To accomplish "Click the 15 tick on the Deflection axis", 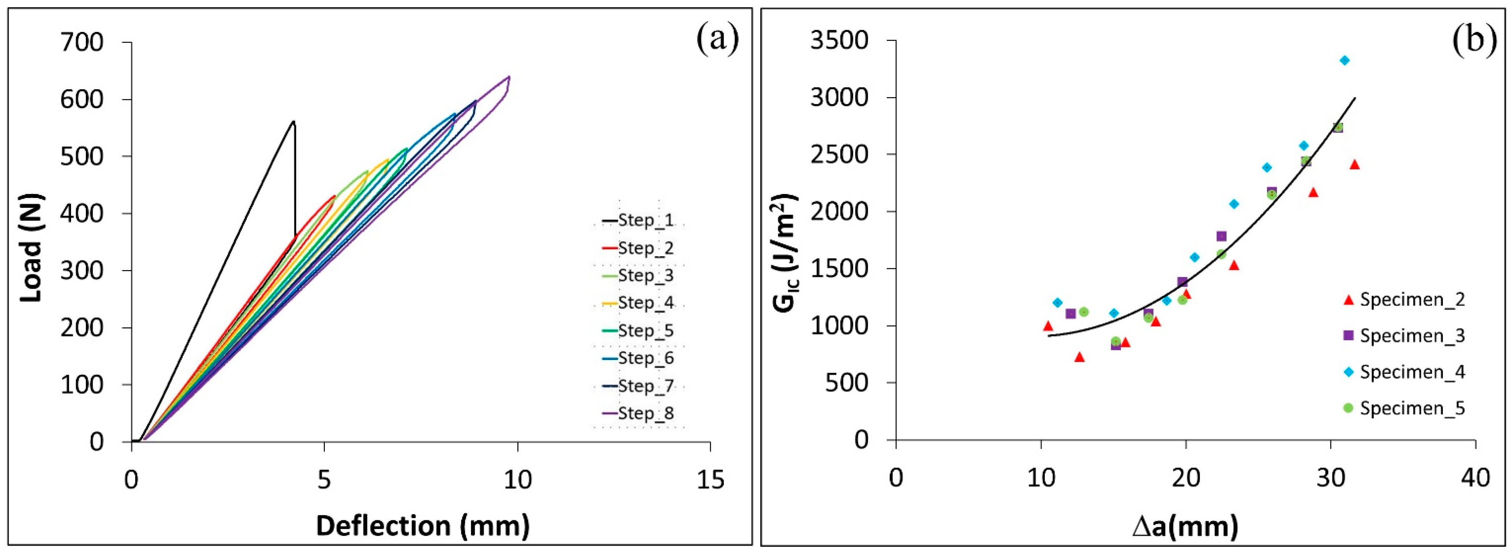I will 710,480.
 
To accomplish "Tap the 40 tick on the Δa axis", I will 1475,478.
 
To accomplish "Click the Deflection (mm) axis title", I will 422,525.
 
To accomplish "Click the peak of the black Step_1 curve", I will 293,121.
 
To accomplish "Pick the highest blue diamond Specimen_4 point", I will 1344,61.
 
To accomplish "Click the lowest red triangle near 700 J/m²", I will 1079,357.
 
